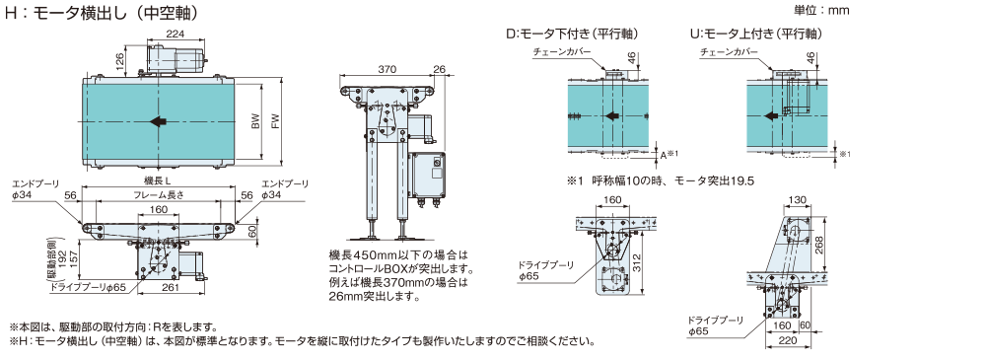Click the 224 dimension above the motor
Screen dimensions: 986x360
176,35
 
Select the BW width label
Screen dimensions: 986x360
254,121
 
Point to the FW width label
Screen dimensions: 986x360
274,121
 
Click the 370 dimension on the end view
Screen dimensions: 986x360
387,68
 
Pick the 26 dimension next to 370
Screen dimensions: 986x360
439,68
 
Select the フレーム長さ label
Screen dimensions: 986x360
158,195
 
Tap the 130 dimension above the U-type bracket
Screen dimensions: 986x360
797,200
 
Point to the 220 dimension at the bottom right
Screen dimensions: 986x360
787,340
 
